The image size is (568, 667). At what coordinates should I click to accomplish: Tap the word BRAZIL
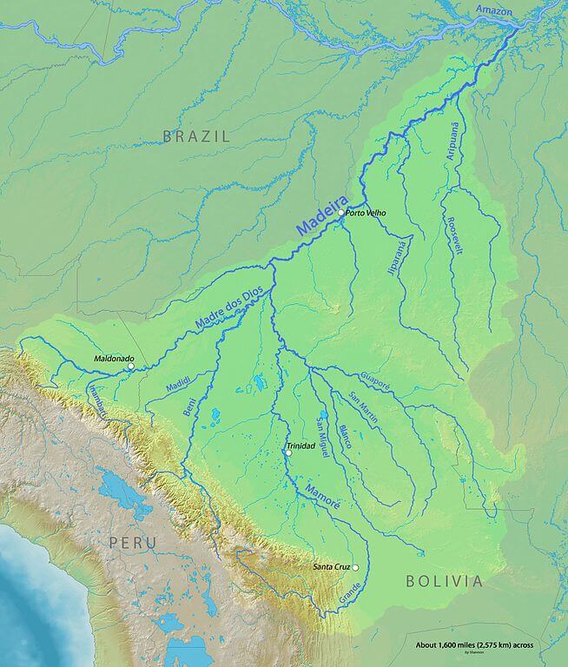(197, 136)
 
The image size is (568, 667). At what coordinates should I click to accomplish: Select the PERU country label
(133, 542)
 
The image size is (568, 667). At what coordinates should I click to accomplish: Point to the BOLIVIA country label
(444, 581)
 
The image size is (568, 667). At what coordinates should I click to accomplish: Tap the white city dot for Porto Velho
(341, 214)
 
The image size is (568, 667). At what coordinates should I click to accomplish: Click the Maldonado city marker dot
(130, 367)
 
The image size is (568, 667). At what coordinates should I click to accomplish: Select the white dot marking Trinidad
(288, 452)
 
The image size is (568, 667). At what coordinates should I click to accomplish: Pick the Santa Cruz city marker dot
(354, 567)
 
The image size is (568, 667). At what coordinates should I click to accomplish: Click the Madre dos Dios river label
(228, 309)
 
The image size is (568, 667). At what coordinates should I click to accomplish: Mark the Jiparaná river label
(396, 255)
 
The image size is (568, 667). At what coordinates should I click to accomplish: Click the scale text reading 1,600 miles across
(474, 644)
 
